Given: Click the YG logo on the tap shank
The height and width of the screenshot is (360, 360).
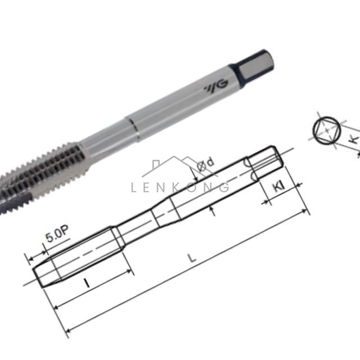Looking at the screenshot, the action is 216,87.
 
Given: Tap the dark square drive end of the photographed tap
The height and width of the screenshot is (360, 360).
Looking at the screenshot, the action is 253,66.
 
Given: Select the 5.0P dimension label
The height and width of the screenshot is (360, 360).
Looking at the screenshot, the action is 57,235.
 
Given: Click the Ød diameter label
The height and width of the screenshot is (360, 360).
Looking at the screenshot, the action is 205,164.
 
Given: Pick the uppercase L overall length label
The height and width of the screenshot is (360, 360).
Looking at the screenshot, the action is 192,258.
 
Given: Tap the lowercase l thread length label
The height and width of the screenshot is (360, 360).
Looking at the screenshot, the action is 87,282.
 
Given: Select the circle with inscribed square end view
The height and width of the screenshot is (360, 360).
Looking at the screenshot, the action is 327,130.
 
